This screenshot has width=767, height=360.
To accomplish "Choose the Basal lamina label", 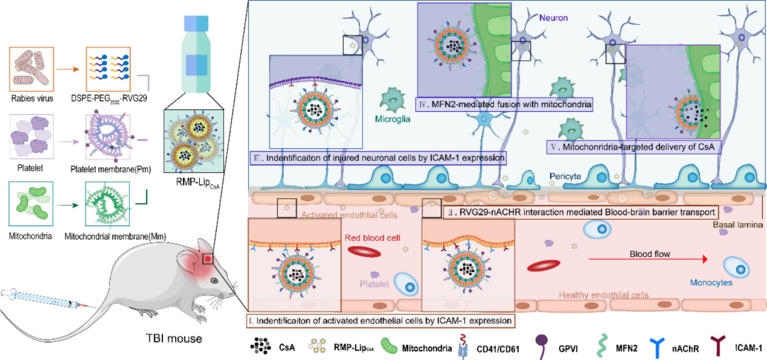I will (x=737, y=225).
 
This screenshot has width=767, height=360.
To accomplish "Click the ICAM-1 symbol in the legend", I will (x=703, y=345).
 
